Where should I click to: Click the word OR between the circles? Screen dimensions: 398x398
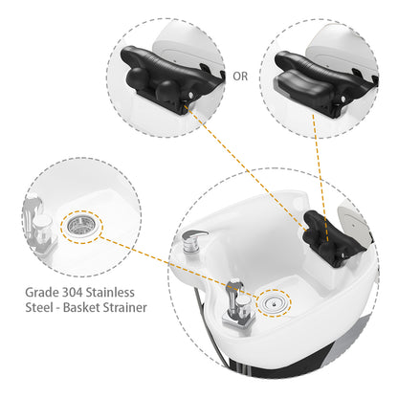tap(240, 77)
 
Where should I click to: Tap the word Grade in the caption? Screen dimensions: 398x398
tap(41, 292)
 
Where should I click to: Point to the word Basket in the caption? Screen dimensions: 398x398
tap(81, 307)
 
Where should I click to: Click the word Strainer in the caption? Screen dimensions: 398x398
tap(124, 307)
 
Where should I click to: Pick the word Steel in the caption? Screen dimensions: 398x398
tap(39, 307)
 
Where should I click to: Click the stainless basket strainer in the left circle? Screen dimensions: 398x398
tap(81, 226)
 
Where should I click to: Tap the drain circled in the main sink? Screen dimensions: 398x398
tap(275, 302)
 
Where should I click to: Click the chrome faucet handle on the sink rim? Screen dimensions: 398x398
tap(193, 240)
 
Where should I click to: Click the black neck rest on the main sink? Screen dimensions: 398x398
tap(332, 237)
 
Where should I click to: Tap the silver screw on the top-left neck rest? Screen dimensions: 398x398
tap(190, 95)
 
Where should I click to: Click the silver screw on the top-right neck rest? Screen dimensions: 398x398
tap(343, 99)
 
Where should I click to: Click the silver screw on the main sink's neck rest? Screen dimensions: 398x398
tap(343, 254)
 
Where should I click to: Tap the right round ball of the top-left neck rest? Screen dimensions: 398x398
tap(167, 90)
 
